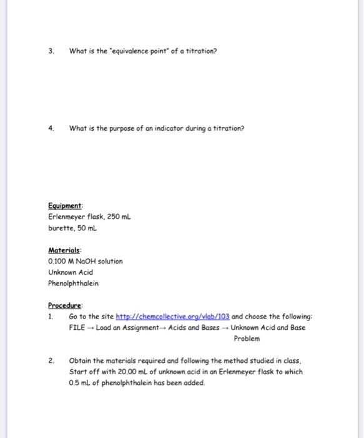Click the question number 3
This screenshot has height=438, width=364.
pyautogui.click(x=52, y=50)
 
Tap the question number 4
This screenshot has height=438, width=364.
pyautogui.click(x=52, y=128)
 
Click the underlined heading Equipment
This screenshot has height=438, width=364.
pyautogui.click(x=65, y=206)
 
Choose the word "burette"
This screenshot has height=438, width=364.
pyautogui.click(x=61, y=228)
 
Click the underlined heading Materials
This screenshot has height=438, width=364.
pyautogui.click(x=64, y=250)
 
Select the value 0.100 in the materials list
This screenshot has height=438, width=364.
pyautogui.click(x=57, y=262)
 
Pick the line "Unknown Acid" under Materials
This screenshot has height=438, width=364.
pyautogui.click(x=71, y=273)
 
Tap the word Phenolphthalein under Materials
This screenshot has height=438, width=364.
pyautogui.click(x=73, y=283)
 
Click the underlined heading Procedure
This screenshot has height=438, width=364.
pyautogui.click(x=65, y=306)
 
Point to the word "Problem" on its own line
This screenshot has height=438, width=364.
pyautogui.click(x=247, y=339)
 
